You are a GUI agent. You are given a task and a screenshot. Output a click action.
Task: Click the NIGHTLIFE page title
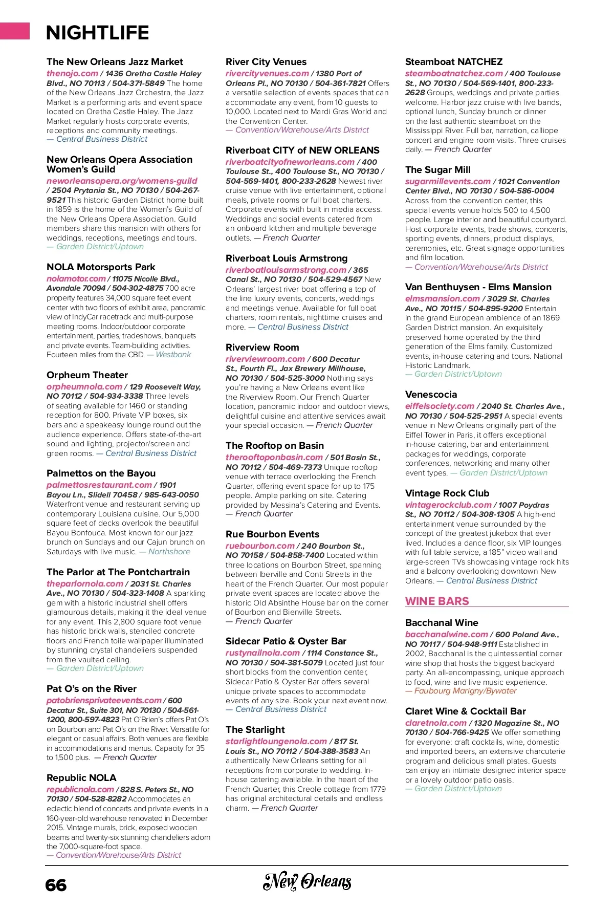tap(97, 33)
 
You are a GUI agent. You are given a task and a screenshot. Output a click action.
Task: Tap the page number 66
tap(56, 885)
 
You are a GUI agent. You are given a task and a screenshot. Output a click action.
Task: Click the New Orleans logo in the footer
tap(307, 881)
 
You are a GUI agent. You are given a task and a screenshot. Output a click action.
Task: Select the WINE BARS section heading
tap(437, 601)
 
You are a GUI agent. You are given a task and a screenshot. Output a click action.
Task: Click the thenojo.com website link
tap(72, 74)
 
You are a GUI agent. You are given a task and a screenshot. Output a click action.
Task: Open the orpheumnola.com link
tap(84, 387)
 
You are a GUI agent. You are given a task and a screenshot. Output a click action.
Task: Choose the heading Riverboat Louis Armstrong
tap(287, 258)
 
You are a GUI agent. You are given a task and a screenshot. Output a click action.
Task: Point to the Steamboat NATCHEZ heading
tap(454, 62)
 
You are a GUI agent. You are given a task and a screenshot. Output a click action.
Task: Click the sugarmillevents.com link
tap(448, 182)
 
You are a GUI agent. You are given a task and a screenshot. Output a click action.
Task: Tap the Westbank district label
tap(173, 355)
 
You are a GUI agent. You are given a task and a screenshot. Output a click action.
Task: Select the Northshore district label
tap(169, 552)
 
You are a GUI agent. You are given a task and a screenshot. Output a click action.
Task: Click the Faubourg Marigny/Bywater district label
tap(465, 691)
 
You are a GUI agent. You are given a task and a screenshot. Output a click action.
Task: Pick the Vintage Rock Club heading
tap(447, 493)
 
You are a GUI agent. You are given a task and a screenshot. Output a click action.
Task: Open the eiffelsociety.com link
tap(440, 406)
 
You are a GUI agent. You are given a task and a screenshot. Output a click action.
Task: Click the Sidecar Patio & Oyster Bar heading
tap(286, 641)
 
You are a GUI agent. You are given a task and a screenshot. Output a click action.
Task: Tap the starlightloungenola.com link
tap(276, 742)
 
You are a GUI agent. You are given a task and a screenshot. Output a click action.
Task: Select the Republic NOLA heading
tap(81, 778)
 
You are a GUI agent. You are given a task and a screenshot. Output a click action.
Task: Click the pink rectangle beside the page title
tap(15, 31)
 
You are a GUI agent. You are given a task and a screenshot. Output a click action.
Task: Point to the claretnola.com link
tap(436, 723)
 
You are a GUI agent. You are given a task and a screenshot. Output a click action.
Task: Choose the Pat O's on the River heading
tap(92, 689)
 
